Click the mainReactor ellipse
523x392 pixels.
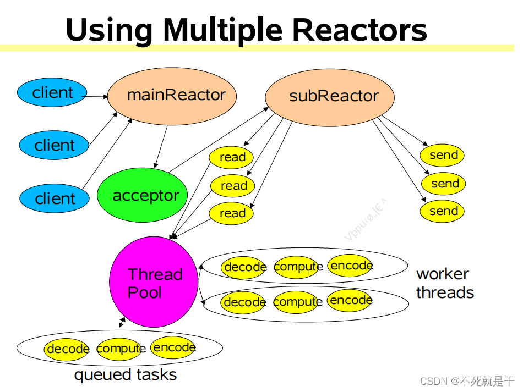[172, 95]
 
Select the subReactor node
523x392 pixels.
[330, 96]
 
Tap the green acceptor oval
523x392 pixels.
[143, 196]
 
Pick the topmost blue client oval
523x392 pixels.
[52, 93]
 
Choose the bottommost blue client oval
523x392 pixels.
[54, 198]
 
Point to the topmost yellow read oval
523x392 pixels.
[231, 157]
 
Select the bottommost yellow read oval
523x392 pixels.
[231, 213]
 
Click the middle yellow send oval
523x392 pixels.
[443, 184]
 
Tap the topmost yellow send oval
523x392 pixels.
[443, 155]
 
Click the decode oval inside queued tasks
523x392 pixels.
[67, 349]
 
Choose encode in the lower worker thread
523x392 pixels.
[350, 300]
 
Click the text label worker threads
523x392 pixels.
[445, 283]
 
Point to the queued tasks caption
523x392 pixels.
[126, 376]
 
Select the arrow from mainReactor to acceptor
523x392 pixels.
[160, 146]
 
